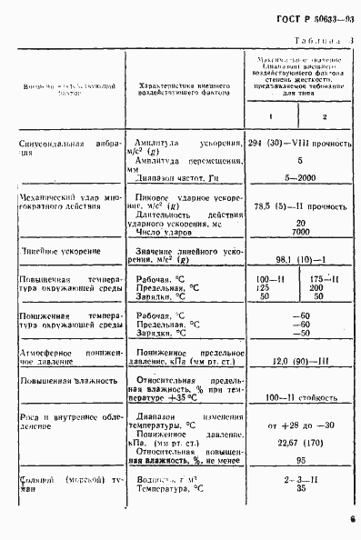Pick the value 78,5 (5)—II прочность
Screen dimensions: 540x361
point(298,207)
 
